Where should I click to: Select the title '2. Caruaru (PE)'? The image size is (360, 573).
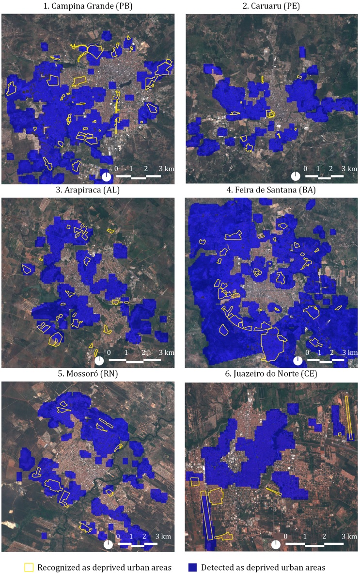point(272,7)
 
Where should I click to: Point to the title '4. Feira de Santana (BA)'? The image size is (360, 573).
point(272,190)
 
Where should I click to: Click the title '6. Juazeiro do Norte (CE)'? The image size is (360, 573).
point(272,374)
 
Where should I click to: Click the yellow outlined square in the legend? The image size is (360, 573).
point(29,566)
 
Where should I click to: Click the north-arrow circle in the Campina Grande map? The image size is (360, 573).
point(106,176)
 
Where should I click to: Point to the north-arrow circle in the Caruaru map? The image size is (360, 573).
point(295,176)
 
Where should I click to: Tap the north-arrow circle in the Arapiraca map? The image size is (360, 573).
point(99,360)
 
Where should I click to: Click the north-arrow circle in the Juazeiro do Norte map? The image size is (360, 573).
point(276,544)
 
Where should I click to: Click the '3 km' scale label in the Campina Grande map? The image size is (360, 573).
point(166,168)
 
